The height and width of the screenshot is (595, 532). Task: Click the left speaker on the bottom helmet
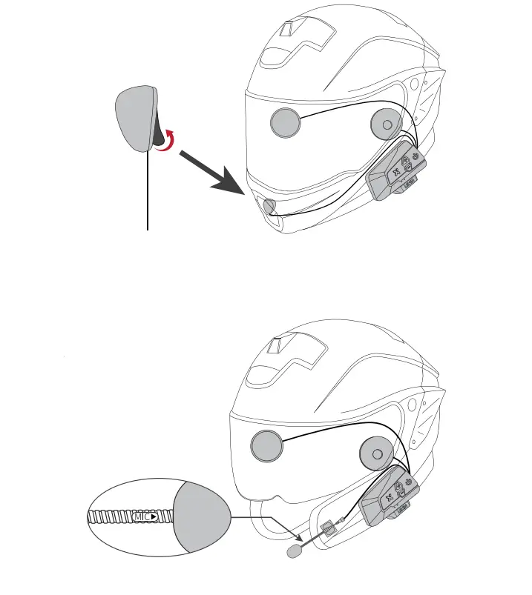coord(267,447)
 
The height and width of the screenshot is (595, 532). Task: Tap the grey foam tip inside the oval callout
coord(201,516)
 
